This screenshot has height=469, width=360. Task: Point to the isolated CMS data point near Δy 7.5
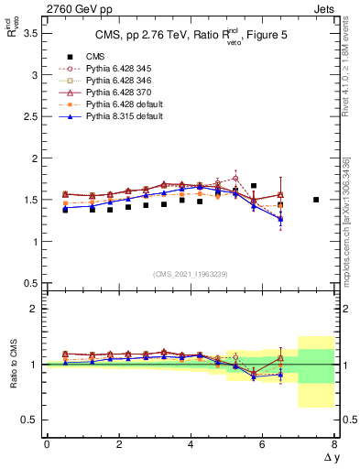(316, 200)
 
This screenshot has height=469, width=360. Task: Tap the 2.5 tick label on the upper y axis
(29, 116)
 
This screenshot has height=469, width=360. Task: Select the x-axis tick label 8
(334, 444)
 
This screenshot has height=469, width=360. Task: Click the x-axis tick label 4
(191, 444)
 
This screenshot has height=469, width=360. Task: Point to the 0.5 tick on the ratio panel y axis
(29, 420)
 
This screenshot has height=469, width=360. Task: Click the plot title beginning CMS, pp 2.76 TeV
(190, 37)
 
